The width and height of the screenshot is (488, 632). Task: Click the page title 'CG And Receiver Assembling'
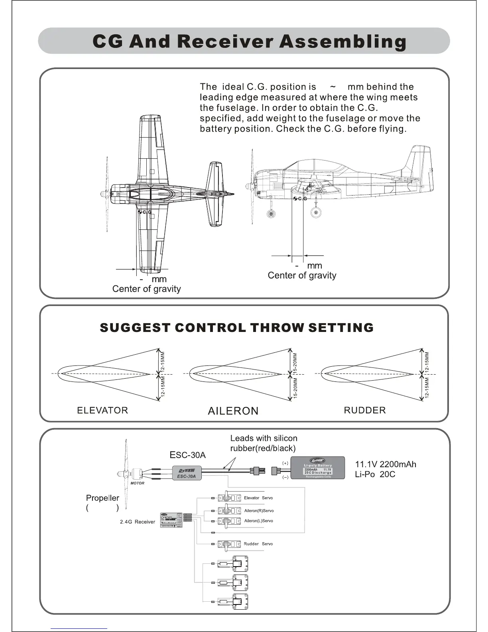(249, 41)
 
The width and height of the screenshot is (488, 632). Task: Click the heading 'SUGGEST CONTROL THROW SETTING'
(236, 328)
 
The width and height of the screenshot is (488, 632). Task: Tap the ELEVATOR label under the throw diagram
(102, 410)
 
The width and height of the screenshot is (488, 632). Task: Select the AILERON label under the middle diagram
(233, 411)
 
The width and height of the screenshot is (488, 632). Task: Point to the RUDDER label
(364, 410)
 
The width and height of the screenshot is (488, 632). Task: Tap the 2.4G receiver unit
(171, 520)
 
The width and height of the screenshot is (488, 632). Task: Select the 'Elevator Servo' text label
(258, 498)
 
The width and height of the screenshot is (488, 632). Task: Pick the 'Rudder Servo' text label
(258, 544)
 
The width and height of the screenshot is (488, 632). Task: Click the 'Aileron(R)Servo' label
(259, 511)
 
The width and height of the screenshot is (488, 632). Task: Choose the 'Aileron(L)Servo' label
(258, 521)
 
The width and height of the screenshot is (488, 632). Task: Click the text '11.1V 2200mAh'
(386, 464)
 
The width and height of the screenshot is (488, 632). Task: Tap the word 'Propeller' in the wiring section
(102, 498)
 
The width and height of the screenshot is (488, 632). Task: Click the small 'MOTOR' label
(138, 483)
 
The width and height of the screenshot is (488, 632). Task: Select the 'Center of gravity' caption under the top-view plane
(146, 289)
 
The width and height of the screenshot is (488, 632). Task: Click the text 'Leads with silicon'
(264, 438)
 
